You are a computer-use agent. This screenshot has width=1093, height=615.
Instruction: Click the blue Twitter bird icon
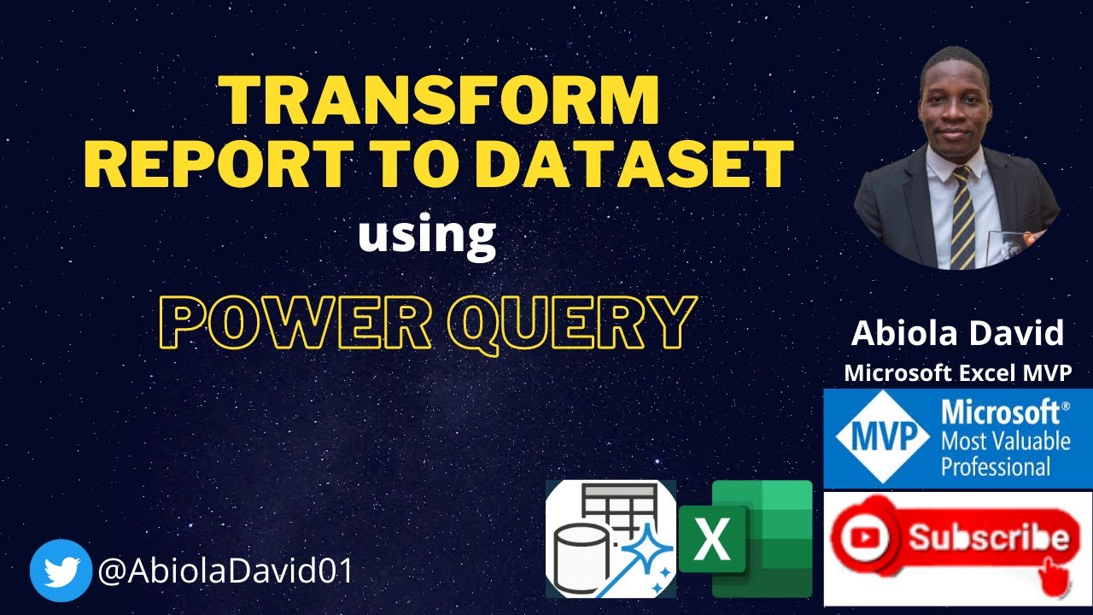pos(61,571)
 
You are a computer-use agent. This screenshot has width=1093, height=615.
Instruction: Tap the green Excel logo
pos(746,538)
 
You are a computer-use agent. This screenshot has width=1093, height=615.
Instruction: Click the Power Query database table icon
pos(610,538)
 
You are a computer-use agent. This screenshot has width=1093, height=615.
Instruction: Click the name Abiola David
pos(957,333)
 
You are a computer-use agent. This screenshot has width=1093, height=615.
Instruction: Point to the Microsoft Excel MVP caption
pos(957,372)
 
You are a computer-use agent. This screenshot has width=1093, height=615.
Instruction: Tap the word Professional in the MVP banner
pos(996,466)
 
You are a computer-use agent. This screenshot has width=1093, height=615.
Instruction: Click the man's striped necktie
pos(961,218)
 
